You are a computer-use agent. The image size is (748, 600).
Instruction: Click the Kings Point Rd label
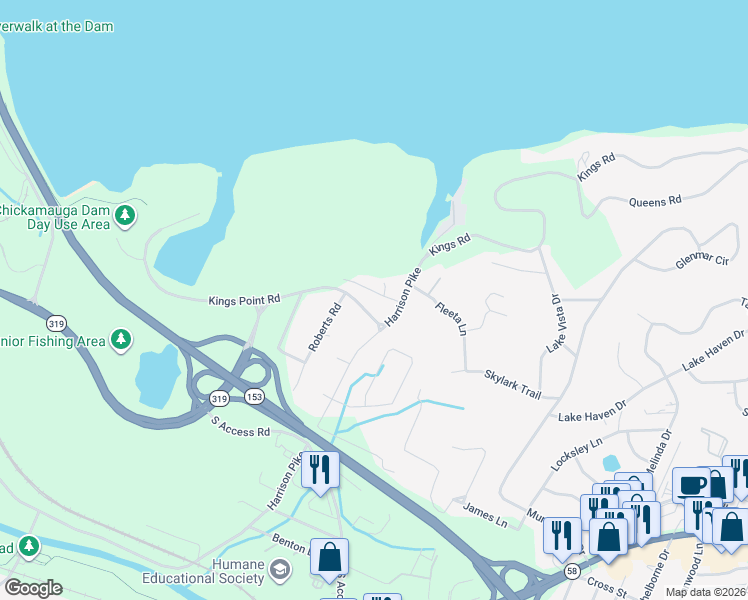tap(244, 300)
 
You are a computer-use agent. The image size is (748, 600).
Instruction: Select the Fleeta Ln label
tap(451, 319)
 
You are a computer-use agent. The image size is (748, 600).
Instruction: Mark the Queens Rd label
tap(655, 201)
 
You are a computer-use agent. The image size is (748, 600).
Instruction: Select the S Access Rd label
tap(241, 426)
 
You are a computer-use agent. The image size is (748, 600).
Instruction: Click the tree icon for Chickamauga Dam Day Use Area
tap(125, 215)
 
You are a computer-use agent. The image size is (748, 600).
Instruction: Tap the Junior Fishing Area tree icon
tap(121, 340)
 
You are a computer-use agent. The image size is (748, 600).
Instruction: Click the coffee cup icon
tap(691, 484)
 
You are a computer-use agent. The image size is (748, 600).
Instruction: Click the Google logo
tap(32, 588)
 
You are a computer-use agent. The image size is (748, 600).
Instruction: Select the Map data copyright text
tap(706, 592)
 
